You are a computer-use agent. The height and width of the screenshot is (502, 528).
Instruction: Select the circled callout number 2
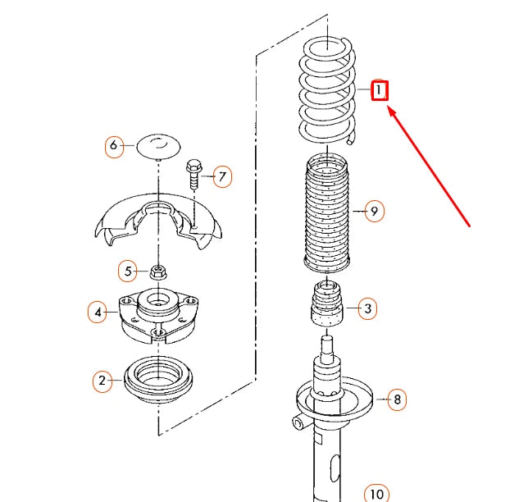point(102,381)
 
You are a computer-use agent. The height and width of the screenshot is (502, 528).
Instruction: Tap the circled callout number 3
point(368,308)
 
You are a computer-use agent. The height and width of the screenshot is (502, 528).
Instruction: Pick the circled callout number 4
point(98,312)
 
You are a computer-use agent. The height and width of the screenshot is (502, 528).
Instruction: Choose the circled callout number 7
point(221,176)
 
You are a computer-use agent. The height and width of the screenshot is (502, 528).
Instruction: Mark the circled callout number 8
point(397,399)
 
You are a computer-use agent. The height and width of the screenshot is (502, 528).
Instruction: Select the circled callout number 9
point(373,212)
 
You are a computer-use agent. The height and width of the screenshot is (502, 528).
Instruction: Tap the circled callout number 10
point(376,493)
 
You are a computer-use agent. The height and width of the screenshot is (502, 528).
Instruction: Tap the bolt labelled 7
point(193,173)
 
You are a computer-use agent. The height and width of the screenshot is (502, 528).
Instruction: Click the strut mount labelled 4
point(158,316)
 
